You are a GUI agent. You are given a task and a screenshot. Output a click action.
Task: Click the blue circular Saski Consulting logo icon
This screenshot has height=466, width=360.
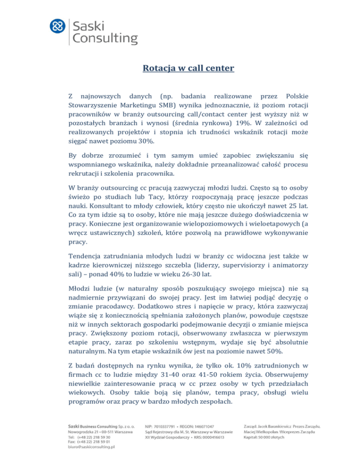point(58,26)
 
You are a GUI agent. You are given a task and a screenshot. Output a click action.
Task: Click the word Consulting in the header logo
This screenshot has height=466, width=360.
point(105,37)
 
